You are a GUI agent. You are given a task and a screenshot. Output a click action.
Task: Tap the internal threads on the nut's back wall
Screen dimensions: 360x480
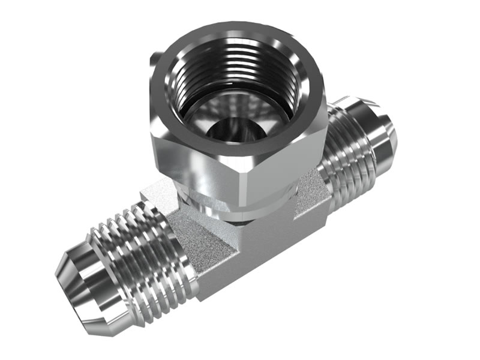tap(237, 63)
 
